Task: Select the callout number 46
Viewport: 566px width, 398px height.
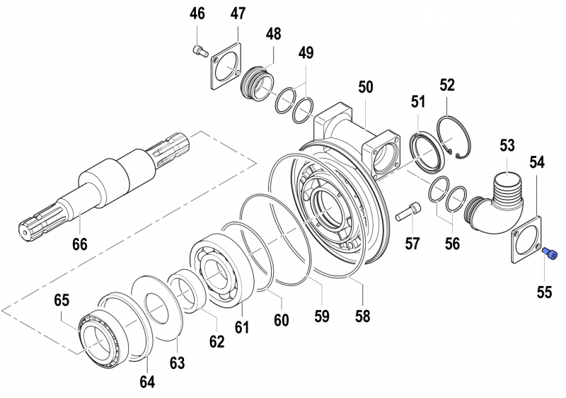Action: pyautogui.click(x=197, y=14)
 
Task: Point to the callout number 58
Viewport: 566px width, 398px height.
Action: pyautogui.click(x=362, y=316)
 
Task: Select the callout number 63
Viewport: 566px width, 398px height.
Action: pyautogui.click(x=177, y=363)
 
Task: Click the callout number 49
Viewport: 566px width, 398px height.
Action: pyautogui.click(x=306, y=53)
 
